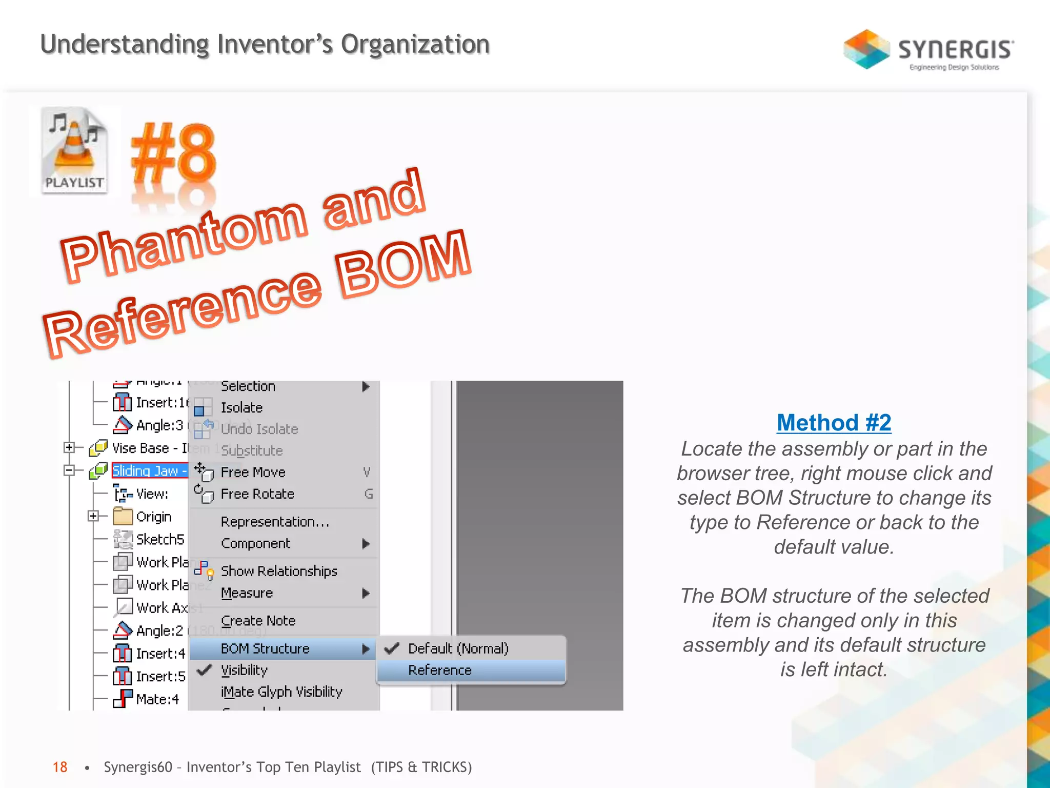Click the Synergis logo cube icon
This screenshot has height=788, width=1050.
click(866, 49)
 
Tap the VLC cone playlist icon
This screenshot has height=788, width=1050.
click(75, 150)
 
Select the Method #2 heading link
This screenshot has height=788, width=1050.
click(834, 423)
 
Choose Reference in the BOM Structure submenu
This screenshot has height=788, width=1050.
click(440, 670)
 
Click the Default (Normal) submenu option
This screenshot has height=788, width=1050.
click(458, 648)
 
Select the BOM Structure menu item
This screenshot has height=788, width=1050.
click(265, 648)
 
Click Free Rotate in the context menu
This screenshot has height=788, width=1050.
click(257, 494)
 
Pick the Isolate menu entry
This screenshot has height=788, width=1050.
click(241, 407)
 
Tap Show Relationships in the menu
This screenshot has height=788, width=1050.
click(279, 571)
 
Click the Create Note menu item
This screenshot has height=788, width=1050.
click(258, 621)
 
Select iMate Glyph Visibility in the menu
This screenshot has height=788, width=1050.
click(281, 692)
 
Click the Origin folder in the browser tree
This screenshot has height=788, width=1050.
click(153, 517)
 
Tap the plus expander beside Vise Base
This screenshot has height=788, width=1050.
click(69, 448)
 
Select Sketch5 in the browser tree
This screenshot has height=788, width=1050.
click(159, 539)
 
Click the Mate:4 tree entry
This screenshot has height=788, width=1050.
click(157, 699)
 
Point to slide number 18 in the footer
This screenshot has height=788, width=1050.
click(60, 767)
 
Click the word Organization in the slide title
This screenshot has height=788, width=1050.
click(415, 44)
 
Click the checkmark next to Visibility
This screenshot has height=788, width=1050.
click(205, 670)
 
